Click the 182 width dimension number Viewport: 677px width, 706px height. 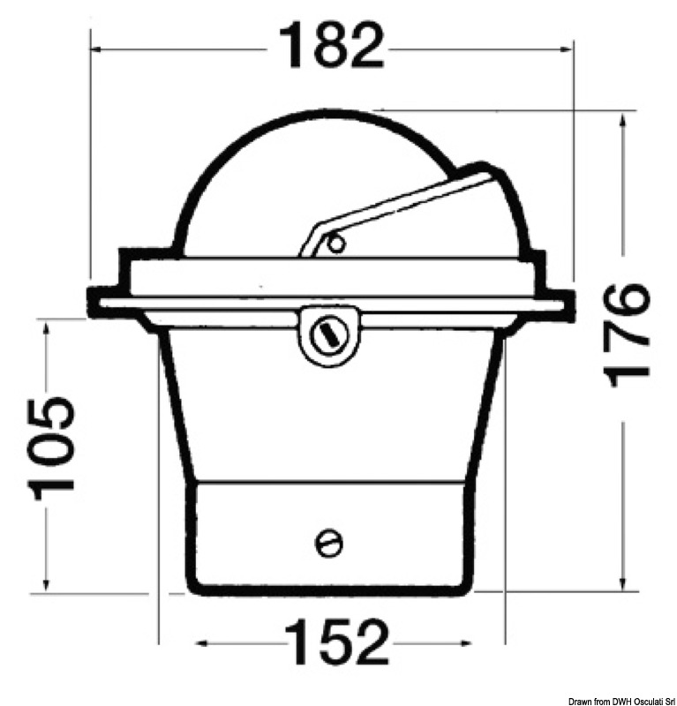click(x=332, y=48)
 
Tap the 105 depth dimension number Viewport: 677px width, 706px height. click(x=51, y=447)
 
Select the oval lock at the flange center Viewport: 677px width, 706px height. click(x=328, y=334)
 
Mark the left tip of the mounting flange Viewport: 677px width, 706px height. click(x=91, y=302)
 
